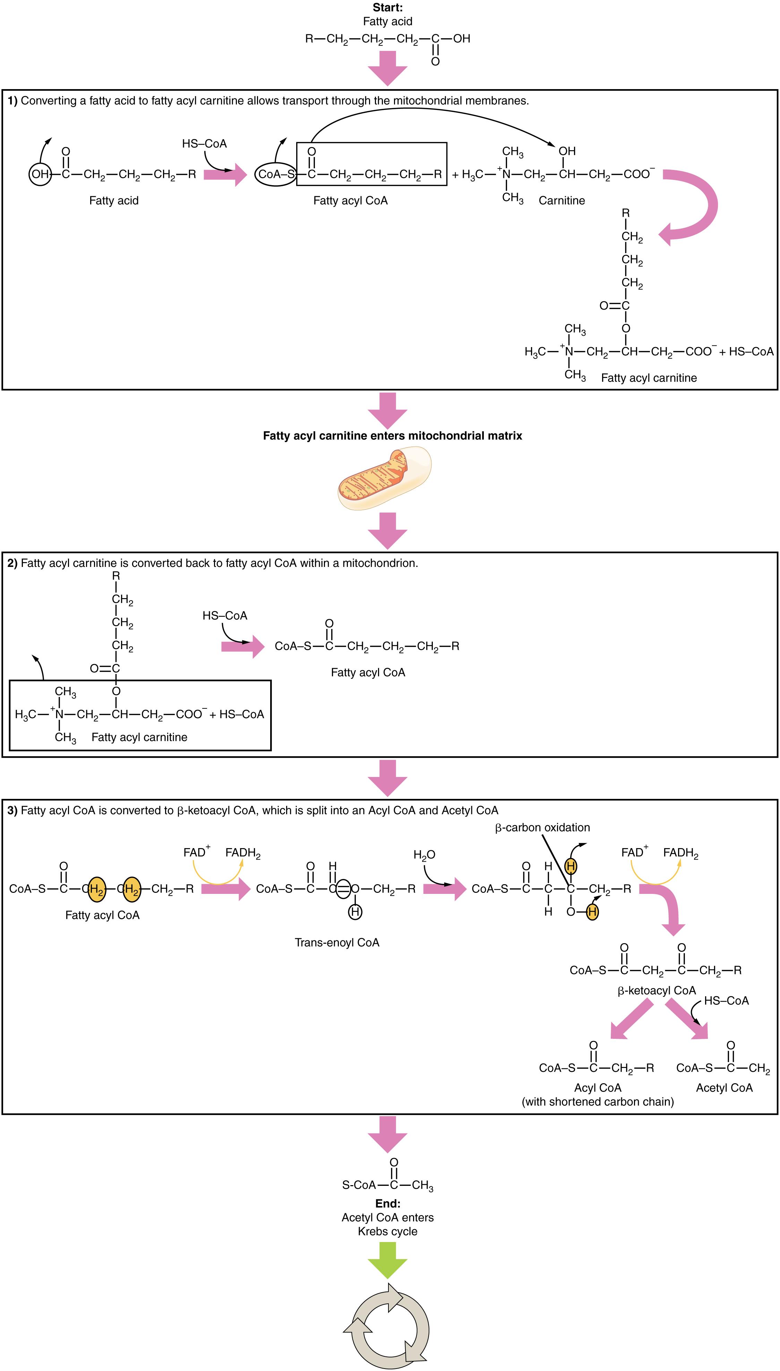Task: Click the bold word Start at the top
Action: coord(387,8)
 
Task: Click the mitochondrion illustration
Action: coord(384,478)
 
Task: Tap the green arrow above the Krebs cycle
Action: coord(387,1260)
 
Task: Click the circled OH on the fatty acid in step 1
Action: coord(40,174)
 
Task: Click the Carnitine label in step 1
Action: coord(562,200)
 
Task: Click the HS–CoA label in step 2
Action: coord(224,615)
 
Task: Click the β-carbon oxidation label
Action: coord(542,827)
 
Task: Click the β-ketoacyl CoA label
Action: coord(656,991)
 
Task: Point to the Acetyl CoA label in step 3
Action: coord(724,1088)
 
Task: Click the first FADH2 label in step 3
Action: coord(243,853)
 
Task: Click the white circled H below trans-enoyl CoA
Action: coord(355,912)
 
